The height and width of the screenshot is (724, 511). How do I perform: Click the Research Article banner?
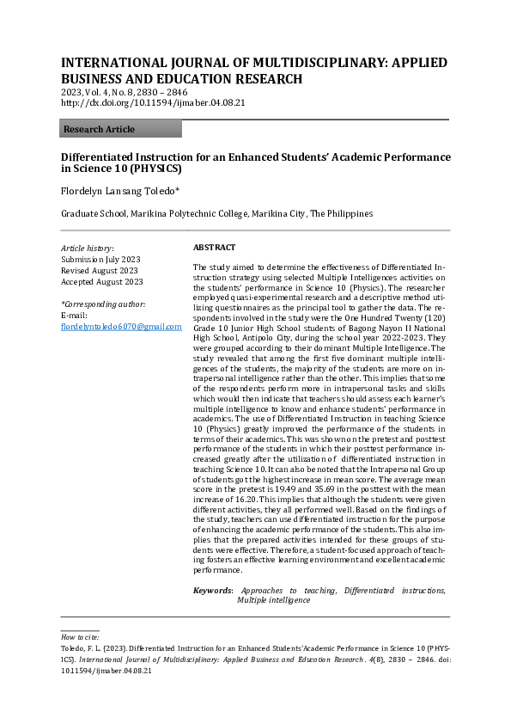121,129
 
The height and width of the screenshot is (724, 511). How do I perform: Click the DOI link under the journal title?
153,102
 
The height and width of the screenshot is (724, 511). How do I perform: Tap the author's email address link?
121,327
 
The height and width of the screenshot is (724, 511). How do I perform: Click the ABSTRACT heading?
215,247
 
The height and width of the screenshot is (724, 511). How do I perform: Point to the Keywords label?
212,591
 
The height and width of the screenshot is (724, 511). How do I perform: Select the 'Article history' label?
87,248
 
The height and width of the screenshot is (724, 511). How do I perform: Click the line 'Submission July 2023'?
100,259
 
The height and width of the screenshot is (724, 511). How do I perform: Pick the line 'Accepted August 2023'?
102,281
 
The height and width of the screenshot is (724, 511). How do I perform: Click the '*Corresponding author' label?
103,304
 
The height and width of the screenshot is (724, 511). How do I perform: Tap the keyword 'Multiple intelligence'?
273,601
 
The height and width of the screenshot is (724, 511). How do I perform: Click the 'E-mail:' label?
75,316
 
